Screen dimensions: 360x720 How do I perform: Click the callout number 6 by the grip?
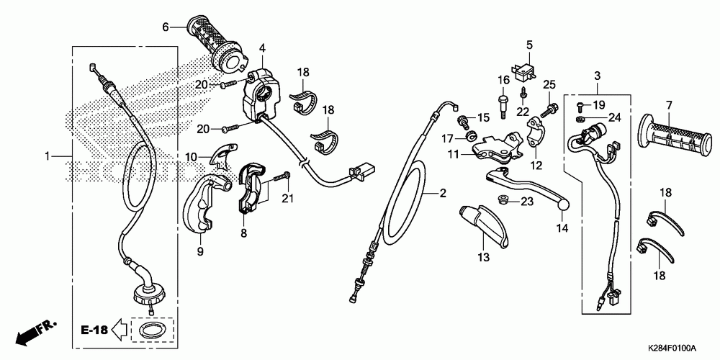165,27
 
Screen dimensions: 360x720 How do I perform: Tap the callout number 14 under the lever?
562,228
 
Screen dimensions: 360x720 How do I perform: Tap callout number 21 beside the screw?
287,199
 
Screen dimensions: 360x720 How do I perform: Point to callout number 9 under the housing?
199,251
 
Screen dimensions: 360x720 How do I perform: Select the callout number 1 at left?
48,156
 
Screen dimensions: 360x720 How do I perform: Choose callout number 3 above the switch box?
598,76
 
